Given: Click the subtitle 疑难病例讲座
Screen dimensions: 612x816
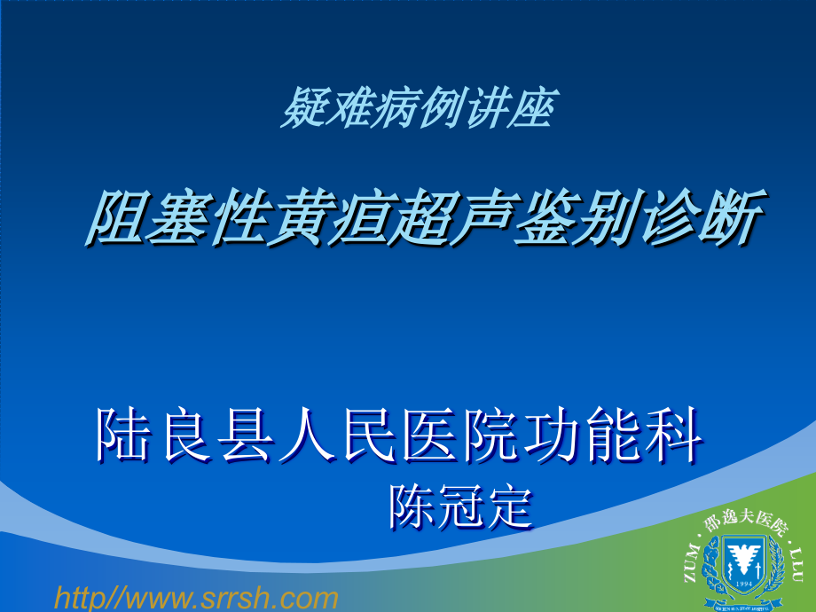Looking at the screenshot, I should pos(417,112).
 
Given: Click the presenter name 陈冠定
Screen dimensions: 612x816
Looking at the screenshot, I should pos(461,507).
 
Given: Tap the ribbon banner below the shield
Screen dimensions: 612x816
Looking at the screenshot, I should pos(745,607).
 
